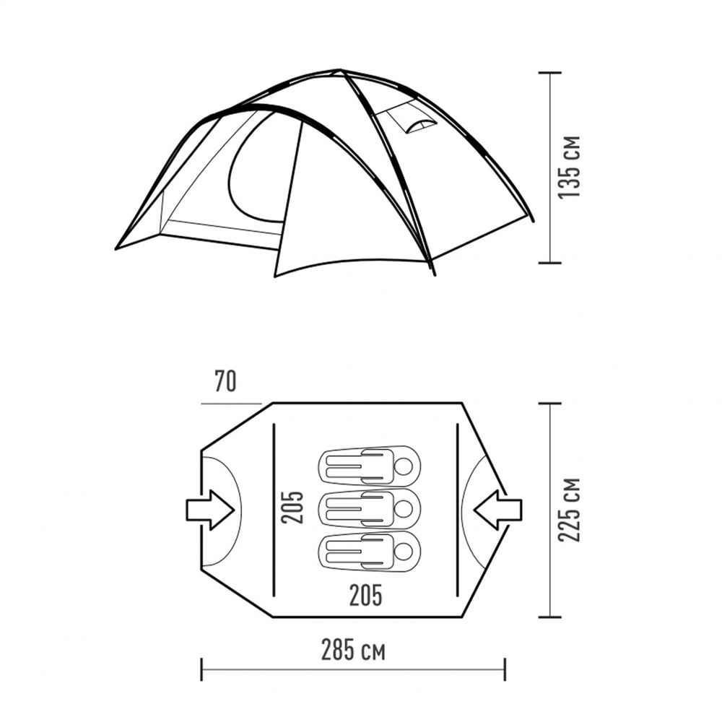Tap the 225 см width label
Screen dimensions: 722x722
coord(570,509)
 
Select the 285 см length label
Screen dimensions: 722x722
coord(353,651)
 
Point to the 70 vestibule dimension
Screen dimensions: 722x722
coord(225,380)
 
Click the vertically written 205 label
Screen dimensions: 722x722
coord(292,508)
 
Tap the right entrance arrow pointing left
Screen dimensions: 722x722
coord(497,510)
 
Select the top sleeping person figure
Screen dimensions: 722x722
coord(369,466)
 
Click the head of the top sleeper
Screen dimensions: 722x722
coord(405,466)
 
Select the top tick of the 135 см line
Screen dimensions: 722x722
coord(550,73)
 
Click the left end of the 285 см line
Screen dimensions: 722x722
coord(201,669)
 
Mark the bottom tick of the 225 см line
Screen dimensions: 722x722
coord(550,617)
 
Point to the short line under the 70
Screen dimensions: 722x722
coord(231,404)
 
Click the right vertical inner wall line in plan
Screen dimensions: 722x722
coord(458,508)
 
